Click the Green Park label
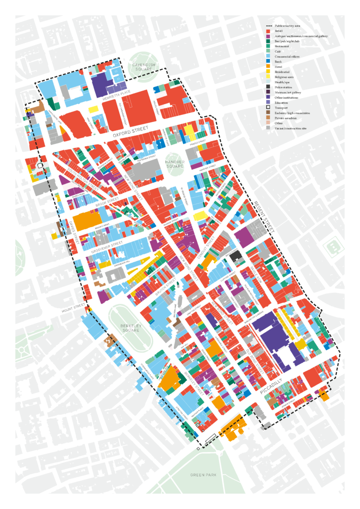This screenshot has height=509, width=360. click(203, 475)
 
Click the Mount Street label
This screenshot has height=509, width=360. click(71, 309)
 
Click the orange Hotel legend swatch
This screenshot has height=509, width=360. click(268, 67)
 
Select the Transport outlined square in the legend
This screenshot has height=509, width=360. click(268, 107)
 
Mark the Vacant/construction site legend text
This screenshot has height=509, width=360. click(292, 128)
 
